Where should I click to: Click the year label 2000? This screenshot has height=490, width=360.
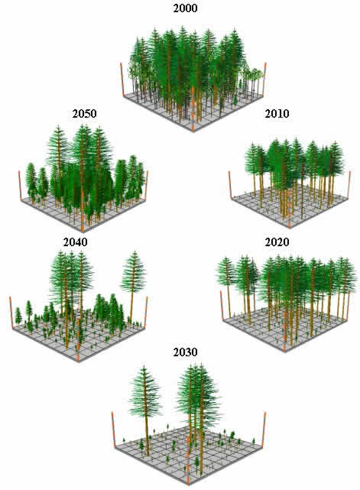185,8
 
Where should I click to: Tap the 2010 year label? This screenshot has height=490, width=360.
277,114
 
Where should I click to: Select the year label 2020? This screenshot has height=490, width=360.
277,242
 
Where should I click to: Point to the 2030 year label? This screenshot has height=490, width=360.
185,352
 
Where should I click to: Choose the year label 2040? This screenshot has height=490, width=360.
76,242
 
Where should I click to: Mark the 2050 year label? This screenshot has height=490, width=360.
84,114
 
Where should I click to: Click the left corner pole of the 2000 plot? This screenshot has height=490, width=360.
122,79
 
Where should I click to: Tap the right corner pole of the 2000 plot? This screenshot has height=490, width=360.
264,79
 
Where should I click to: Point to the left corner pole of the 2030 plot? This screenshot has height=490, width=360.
114,429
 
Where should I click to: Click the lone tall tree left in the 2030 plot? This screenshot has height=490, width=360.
145,410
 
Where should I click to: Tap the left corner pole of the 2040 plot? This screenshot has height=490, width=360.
11,312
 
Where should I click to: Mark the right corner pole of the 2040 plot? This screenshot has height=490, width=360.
146,312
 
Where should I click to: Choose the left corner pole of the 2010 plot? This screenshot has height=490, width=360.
231,184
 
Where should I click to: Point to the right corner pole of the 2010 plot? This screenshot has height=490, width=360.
349,184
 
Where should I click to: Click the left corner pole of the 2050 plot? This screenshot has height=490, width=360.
21,187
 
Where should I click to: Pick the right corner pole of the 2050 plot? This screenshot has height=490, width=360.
146,185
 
